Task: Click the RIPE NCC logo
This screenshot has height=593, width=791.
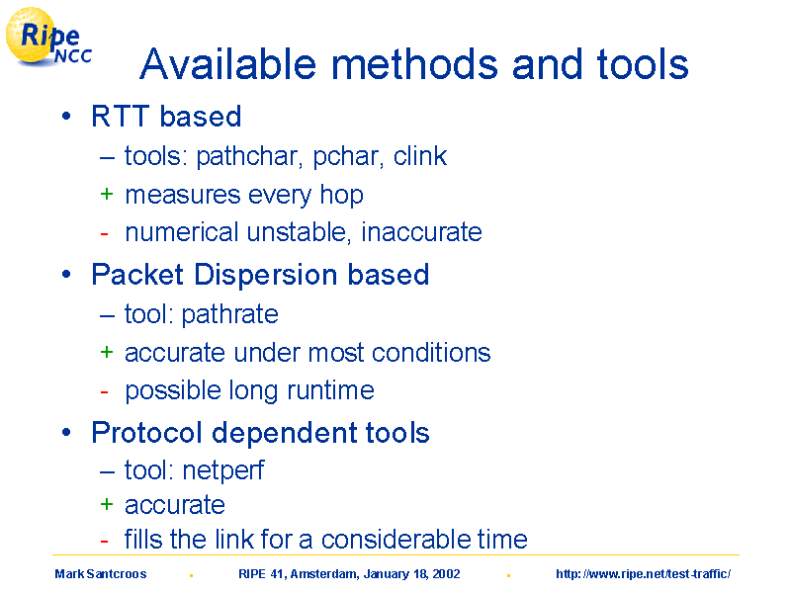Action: [x=48, y=39]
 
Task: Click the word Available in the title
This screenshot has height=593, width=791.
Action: [x=228, y=64]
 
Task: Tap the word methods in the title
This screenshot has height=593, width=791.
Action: [x=414, y=64]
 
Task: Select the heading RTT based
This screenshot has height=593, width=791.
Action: [x=166, y=117]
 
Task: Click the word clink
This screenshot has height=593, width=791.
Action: [x=419, y=156]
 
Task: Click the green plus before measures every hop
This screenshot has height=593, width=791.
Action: [x=107, y=194]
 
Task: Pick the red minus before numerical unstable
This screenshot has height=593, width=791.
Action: [x=105, y=233]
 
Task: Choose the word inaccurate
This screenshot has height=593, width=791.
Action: [x=422, y=232]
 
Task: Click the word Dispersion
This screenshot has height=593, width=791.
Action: [x=265, y=275]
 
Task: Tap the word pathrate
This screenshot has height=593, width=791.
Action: [x=229, y=314]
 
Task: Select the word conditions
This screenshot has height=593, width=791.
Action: [x=431, y=353]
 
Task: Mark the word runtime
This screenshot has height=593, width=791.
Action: [x=330, y=390]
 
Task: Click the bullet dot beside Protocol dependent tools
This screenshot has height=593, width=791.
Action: [x=66, y=433]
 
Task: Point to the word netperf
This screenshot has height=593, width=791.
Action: [x=223, y=471]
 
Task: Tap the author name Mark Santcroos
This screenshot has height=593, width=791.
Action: [x=101, y=574]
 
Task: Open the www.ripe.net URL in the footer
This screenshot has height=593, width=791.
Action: [x=644, y=574]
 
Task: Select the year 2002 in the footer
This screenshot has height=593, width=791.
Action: [x=446, y=574]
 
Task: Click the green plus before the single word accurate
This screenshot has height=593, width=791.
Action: [x=107, y=504]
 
